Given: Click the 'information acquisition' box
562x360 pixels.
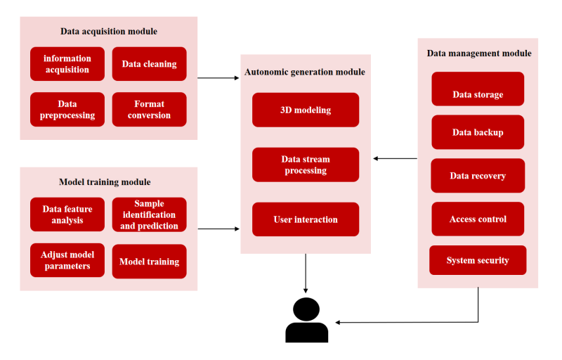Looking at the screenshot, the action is [67, 64].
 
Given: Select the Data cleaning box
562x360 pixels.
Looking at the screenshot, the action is [149, 64].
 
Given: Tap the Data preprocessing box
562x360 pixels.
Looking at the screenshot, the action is [67, 110].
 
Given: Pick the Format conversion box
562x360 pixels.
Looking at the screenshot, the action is [149, 110].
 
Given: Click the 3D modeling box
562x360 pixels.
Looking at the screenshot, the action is [306, 110].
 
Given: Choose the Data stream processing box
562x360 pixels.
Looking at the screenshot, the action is [306, 165].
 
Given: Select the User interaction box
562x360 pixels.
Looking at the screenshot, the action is [306, 219].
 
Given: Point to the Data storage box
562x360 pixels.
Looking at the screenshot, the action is [478, 89].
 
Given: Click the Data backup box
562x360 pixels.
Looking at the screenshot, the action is [478, 132].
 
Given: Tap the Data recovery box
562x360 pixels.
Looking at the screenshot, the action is [478, 175].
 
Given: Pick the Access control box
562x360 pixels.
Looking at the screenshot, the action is [478, 219].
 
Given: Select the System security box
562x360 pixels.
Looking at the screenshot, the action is [478, 260].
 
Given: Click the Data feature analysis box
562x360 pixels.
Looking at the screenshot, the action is [67, 214].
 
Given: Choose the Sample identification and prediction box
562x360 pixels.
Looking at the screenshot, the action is [149, 214].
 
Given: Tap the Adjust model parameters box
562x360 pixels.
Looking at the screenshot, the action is [67, 260].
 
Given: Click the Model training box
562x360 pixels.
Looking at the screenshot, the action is [149, 262].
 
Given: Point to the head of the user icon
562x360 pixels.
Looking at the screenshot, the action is [306, 309].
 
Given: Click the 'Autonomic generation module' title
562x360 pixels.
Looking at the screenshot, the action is [305, 72].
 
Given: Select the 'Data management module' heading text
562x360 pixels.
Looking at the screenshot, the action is [479, 53].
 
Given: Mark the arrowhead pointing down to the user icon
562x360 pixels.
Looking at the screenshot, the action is [306, 291].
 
